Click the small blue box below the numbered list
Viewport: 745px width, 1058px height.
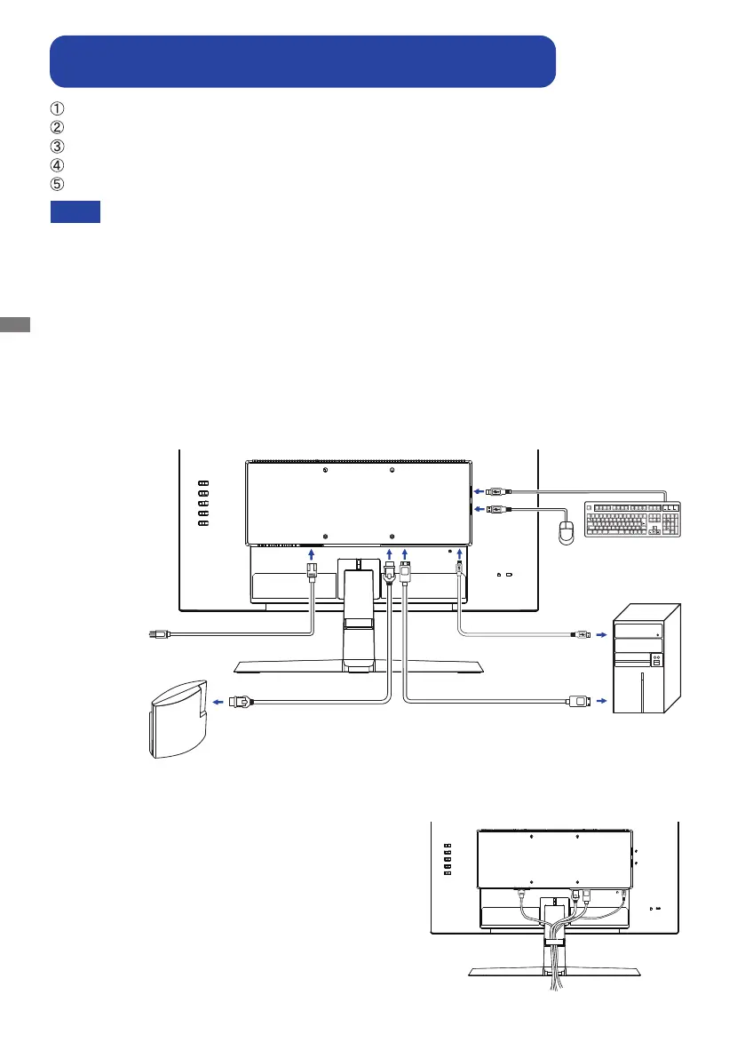click(x=75, y=211)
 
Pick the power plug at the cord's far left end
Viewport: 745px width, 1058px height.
click(x=156, y=633)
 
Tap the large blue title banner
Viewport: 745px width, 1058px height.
click(x=303, y=60)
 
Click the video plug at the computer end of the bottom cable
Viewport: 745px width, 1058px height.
click(x=576, y=701)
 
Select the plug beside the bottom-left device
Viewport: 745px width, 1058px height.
click(x=241, y=701)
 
